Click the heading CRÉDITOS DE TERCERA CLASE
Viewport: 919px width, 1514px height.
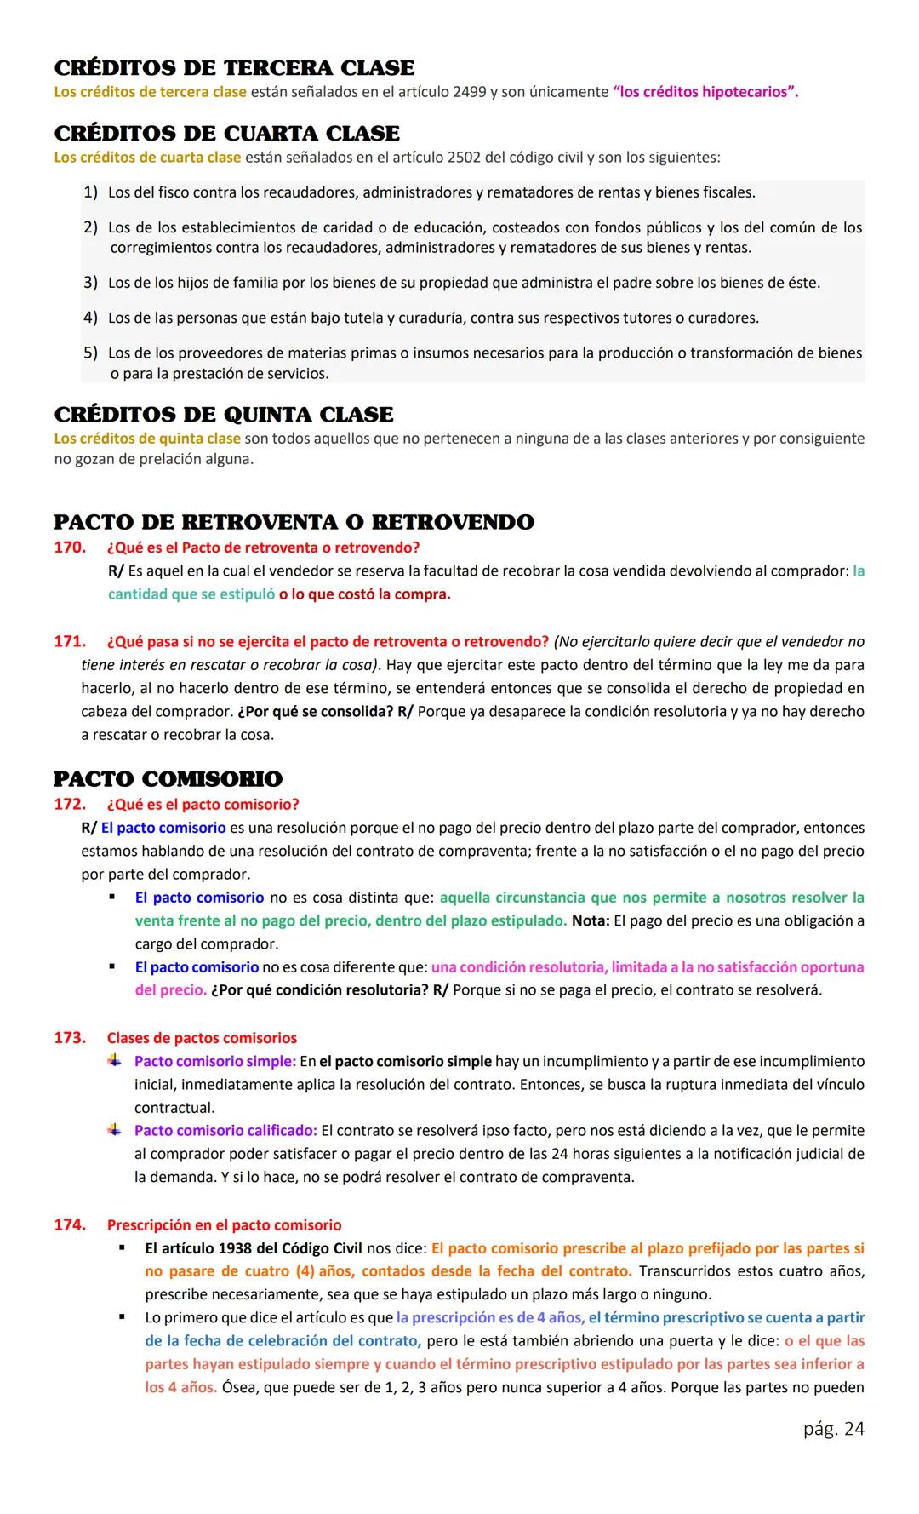234,68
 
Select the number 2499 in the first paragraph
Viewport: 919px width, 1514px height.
470,92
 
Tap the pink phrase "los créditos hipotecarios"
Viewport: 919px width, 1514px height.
705,92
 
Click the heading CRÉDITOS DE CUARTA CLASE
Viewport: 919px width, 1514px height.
226,134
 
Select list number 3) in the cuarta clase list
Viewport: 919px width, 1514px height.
90,283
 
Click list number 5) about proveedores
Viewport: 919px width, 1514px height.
90,353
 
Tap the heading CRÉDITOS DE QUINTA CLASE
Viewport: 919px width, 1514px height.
224,415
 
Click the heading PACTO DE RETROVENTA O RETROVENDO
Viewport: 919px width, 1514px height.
294,522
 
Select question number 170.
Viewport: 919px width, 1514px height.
69,548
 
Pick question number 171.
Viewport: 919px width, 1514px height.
69,641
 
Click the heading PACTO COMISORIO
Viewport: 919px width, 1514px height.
168,779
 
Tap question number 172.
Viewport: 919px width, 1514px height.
69,805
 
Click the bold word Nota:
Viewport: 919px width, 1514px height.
591,920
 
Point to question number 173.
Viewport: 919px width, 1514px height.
69,1038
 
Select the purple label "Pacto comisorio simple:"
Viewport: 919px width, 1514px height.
215,1062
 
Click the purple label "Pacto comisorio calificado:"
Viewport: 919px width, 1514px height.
225,1131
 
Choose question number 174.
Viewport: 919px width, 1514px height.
69,1225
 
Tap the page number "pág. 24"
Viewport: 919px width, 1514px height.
833,1429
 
